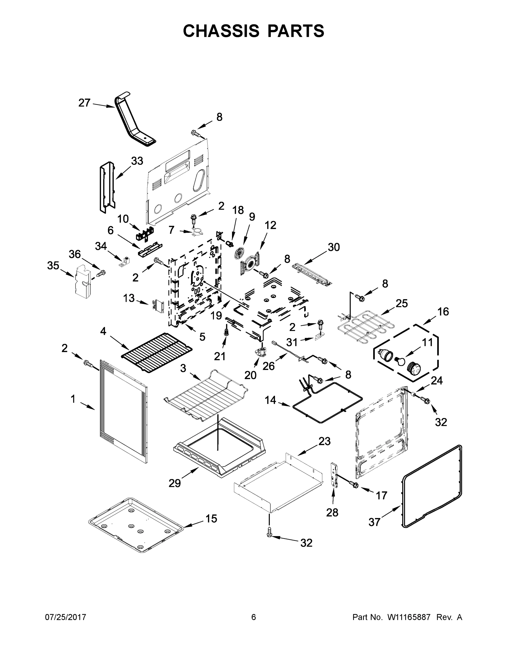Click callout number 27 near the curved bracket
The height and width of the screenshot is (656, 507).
[x=84, y=103]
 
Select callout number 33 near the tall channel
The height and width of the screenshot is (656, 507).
[x=137, y=161]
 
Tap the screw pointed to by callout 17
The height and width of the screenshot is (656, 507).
[x=354, y=484]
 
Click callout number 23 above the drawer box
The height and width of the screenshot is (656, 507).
[x=324, y=441]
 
